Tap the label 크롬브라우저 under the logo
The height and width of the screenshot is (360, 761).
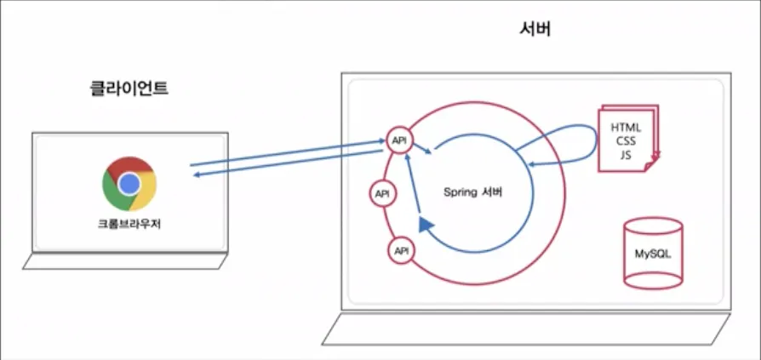(x=129, y=226)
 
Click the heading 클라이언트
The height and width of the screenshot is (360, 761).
(x=129, y=88)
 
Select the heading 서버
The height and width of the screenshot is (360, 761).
(x=536, y=29)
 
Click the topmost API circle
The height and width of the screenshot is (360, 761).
(x=398, y=140)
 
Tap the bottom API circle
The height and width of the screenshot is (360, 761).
(x=400, y=250)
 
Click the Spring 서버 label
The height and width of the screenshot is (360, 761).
(x=473, y=191)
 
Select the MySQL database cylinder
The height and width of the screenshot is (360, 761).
(x=653, y=254)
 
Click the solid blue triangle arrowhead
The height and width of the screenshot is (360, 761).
(x=426, y=225)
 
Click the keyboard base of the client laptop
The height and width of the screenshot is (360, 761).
(x=126, y=261)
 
